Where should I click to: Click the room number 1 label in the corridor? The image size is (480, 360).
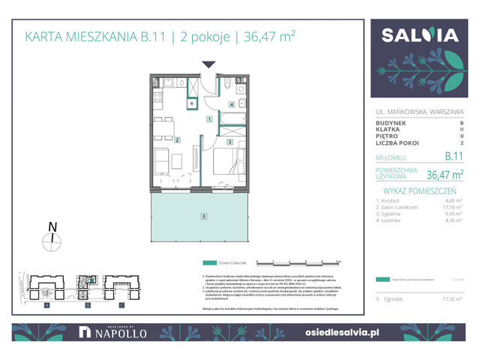point(210,119)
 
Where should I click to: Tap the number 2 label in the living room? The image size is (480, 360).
point(177,139)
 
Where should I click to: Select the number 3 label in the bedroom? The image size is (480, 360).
point(230,141)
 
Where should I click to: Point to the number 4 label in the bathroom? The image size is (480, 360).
point(232,104)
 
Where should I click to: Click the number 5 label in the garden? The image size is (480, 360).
point(203,217)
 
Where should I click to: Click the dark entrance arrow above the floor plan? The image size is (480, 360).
point(208,65)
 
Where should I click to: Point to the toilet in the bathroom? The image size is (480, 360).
point(227,88)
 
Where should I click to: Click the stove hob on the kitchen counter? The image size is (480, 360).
point(158,97)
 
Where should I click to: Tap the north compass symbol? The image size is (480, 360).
point(51,240)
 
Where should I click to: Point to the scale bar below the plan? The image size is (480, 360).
point(298,262)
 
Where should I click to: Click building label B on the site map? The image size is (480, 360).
point(87,306)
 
